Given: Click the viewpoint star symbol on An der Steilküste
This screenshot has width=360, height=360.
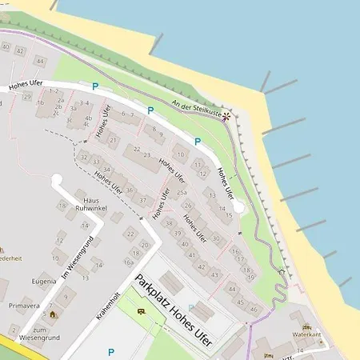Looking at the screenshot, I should coord(226,116).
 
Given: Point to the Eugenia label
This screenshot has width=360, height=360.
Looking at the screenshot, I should coord(44,282).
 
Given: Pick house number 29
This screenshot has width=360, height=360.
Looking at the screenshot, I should coord(26,98).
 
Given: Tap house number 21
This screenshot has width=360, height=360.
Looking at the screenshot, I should coord(113,140).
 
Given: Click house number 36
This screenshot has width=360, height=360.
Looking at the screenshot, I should coord(129,190).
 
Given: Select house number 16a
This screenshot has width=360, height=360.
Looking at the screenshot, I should coord(128,262).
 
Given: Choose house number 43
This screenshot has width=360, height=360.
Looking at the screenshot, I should coord(215,274).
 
